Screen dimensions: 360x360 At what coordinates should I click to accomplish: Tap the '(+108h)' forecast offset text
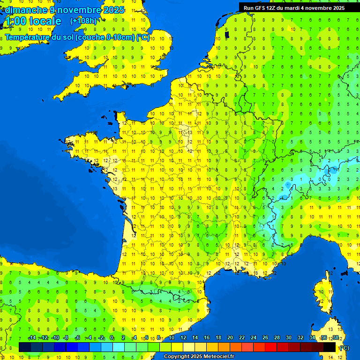(x=83, y=21)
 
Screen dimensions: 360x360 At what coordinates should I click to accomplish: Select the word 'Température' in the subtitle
(x=29, y=37)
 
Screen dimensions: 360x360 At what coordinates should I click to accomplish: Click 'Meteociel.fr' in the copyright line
(x=217, y=357)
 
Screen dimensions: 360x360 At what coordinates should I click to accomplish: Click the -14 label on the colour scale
(x=32, y=338)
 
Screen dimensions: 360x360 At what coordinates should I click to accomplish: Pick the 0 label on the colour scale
(x=112, y=338)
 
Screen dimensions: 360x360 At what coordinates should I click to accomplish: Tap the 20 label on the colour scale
(x=230, y=338)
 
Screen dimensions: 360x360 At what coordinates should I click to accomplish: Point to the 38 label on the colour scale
(x=336, y=338)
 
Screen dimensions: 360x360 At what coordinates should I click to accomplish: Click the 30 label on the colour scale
(x=288, y=338)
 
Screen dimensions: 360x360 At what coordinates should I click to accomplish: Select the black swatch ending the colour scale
(x=330, y=347)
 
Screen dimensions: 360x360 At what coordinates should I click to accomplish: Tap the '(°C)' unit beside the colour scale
(x=344, y=347)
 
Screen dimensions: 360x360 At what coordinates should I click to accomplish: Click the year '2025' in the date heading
(x=114, y=10)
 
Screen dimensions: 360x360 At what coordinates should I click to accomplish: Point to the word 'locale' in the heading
(x=45, y=21)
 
